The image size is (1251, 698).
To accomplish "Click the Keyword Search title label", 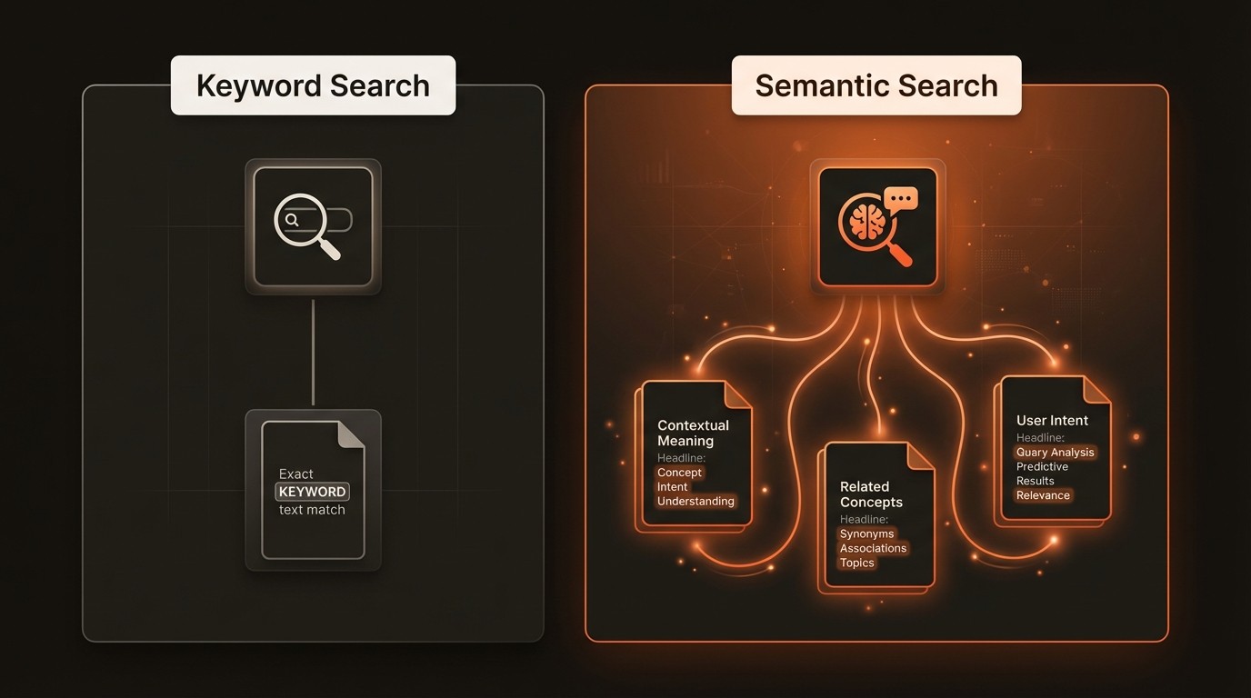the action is coord(313,85).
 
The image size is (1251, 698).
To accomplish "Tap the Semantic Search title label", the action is coord(876,85).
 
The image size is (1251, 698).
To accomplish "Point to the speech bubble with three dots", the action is coord(901,199).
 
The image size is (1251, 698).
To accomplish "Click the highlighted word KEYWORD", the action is coord(312,492).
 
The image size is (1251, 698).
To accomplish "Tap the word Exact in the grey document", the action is coord(295,474).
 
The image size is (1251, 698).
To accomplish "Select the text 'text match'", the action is coord(312,510).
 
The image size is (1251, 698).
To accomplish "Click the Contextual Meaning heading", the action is coord(693,433).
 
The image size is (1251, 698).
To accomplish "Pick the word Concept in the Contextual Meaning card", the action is coord(679,473).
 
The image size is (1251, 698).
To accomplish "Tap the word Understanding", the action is coord(696,502).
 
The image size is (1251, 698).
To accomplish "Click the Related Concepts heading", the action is coord(871,494).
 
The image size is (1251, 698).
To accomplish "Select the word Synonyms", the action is coord(866,534).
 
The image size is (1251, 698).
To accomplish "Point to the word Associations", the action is coord(873,549).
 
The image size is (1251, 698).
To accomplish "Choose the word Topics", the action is coord(856,563).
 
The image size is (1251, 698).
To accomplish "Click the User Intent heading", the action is coord(1052,421).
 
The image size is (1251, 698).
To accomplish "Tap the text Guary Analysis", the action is coord(1055,453).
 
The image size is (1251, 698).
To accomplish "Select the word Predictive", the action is coord(1042,467).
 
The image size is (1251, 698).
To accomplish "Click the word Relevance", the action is coord(1043,495).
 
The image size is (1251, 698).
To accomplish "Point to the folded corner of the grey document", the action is coord(351,434).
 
